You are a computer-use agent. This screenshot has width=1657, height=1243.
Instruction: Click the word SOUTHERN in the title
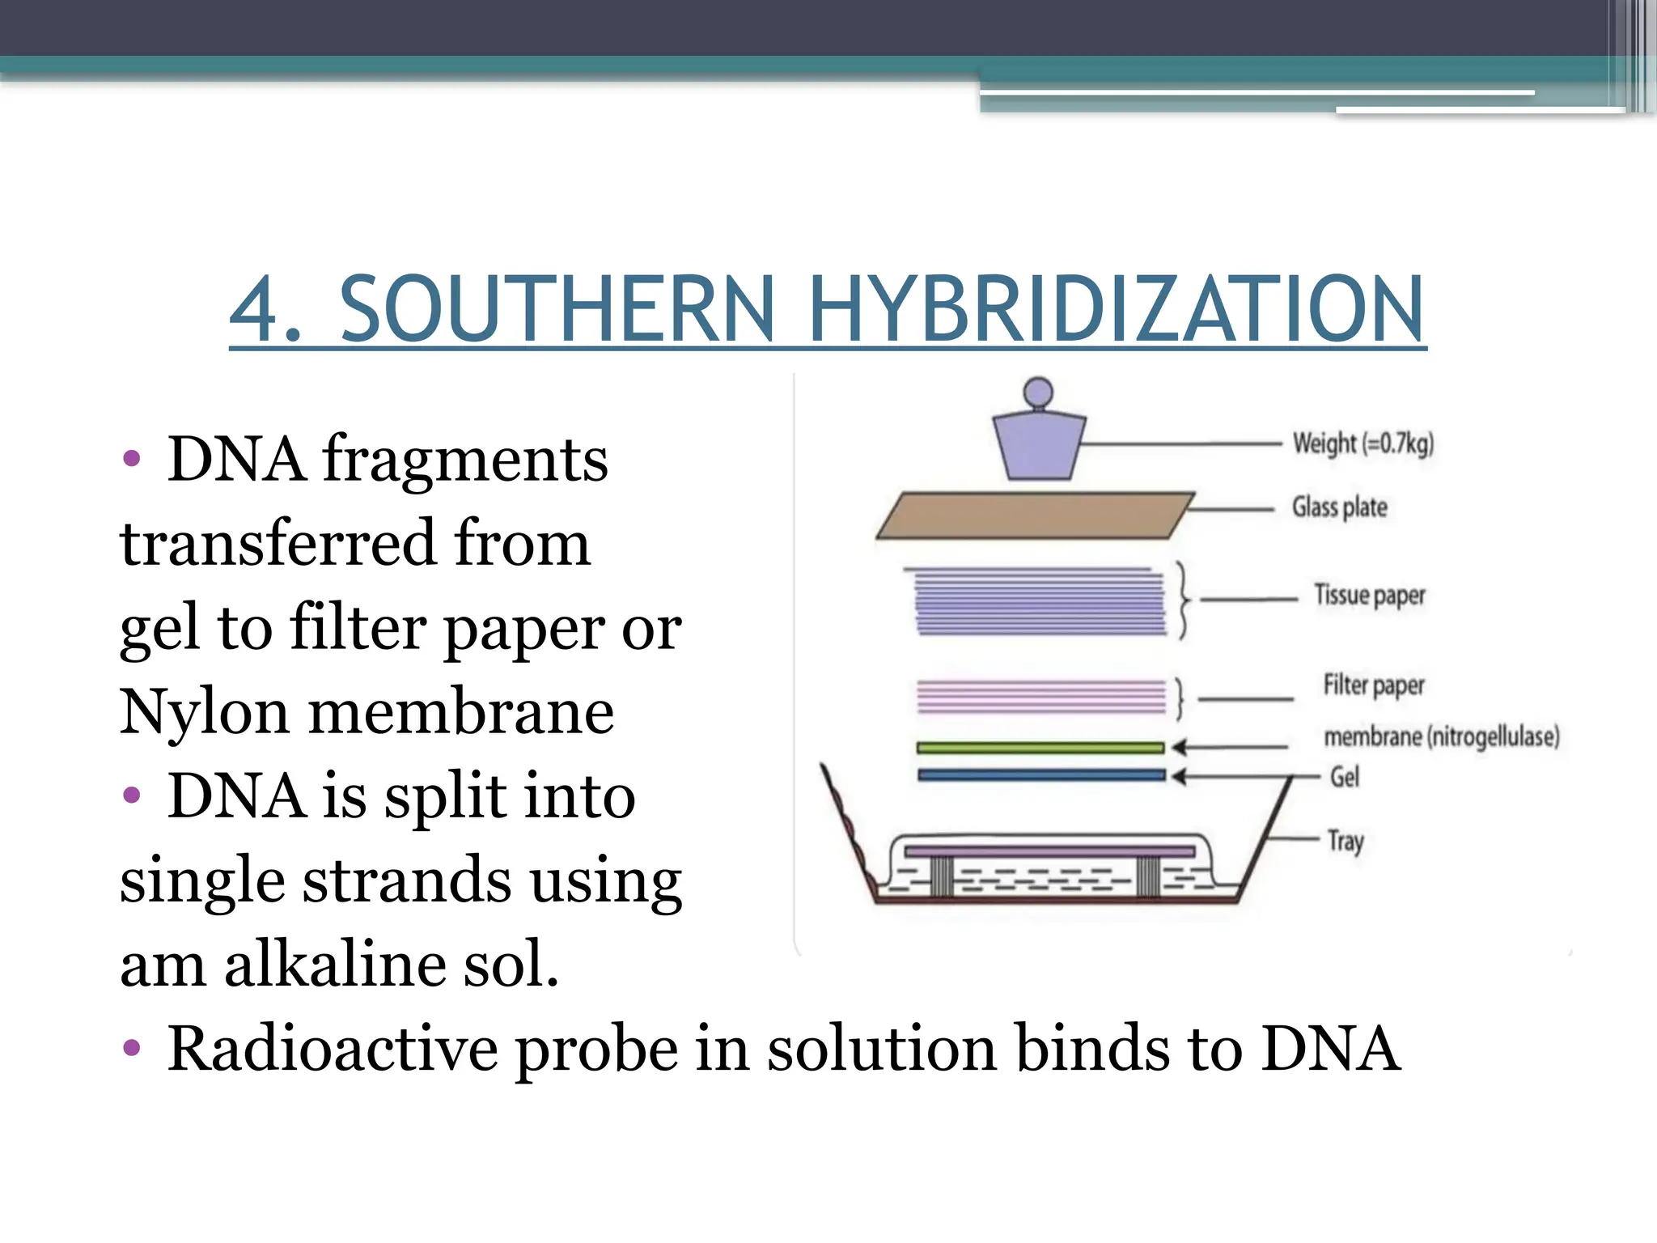point(557,310)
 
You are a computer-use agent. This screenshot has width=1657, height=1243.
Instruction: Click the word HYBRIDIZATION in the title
point(1116,310)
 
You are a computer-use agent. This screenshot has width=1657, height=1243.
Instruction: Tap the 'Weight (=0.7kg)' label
point(1362,443)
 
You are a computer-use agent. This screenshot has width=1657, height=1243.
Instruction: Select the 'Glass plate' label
point(1339,507)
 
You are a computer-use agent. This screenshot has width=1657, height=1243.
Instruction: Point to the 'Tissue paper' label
point(1369,595)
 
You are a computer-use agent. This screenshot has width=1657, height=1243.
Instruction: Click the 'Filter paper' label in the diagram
point(1373,685)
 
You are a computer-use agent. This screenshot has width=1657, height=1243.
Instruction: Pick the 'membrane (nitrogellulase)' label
point(1441,737)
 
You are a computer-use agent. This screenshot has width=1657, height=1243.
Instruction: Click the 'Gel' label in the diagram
point(1345,777)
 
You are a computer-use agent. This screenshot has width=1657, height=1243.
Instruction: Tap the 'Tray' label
point(1346,842)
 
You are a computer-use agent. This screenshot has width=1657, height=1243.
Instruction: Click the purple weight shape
point(1039,446)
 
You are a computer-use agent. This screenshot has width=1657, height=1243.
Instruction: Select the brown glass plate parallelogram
point(1036,515)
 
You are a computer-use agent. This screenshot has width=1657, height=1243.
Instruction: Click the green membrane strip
point(1040,748)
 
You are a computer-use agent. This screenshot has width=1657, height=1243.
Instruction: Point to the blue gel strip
point(1040,775)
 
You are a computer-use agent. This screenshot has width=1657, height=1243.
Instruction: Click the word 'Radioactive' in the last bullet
point(332,1050)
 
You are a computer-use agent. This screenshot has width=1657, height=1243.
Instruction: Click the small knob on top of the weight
point(1038,393)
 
